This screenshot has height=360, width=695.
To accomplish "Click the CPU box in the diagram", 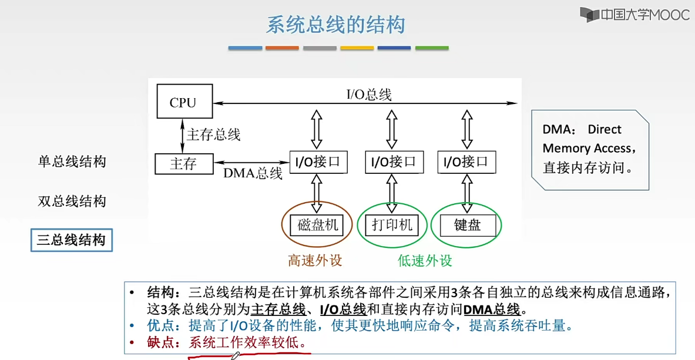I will pos(184,102).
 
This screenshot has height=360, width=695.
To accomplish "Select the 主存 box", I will pos(183,164).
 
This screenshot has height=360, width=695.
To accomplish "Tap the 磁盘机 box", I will pos(318,225).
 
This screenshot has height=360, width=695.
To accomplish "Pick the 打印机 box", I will pos(392,225).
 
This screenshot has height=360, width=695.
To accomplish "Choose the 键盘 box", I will pos(467,225).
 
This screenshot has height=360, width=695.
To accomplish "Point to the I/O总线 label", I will pos(368,94).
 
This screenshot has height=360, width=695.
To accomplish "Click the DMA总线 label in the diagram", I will pos(253,173).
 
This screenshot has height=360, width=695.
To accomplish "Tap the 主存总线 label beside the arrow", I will pos(213,134).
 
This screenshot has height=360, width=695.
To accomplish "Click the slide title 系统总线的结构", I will pos(335,25).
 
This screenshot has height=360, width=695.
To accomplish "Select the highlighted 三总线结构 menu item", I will pos(72,240).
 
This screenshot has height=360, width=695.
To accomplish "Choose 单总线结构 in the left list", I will pos(72,162).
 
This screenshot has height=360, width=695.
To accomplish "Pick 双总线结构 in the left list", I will pos(72,201).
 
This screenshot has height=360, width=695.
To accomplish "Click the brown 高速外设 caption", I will pos(315,260).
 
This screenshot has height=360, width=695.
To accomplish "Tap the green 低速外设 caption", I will pos(425,260).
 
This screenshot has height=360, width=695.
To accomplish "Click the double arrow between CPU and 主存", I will pos(183,135).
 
